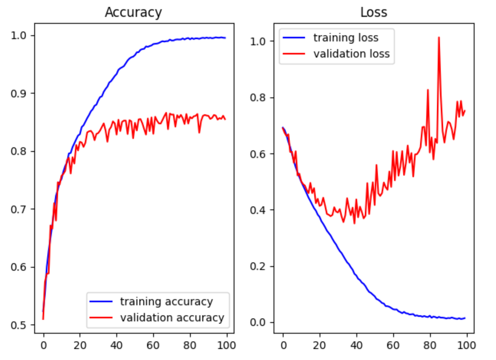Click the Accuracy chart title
tap(133, 13)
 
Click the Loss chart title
tap(373, 13)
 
